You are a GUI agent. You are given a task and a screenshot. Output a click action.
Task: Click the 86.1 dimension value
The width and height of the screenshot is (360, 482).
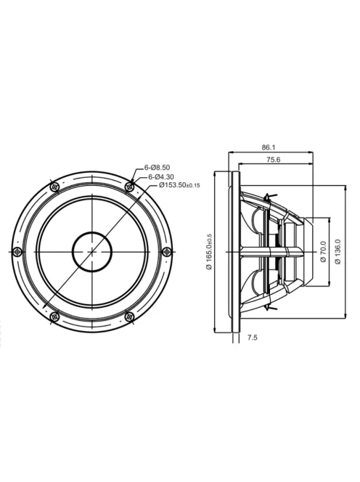269,147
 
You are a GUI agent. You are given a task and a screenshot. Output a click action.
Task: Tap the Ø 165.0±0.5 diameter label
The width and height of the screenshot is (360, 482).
208,250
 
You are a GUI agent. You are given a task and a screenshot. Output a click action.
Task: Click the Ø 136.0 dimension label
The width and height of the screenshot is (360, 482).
338,252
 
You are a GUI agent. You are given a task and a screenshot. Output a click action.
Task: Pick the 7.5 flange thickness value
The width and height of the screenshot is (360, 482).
253,337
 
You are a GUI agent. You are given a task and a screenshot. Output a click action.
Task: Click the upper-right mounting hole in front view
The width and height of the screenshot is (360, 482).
130,187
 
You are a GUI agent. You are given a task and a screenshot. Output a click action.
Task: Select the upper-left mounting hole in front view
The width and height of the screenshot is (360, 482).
54,187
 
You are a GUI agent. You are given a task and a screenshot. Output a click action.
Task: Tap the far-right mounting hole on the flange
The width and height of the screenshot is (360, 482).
167,252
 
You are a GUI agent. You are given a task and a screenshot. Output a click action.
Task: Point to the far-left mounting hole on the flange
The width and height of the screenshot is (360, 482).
17,252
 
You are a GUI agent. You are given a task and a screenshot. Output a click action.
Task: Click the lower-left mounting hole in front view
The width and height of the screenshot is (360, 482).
54,316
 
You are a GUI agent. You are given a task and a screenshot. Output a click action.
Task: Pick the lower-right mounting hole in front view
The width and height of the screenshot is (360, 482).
130,316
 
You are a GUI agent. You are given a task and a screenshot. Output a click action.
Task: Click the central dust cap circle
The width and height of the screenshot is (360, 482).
92,252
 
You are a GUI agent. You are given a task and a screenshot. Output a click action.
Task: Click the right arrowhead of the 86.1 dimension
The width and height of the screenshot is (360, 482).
311,152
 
